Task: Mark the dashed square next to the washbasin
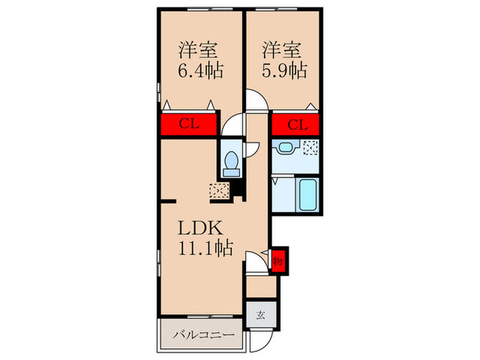311,146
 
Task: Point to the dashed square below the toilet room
219,191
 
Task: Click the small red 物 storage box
278,261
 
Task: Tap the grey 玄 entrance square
261,315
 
